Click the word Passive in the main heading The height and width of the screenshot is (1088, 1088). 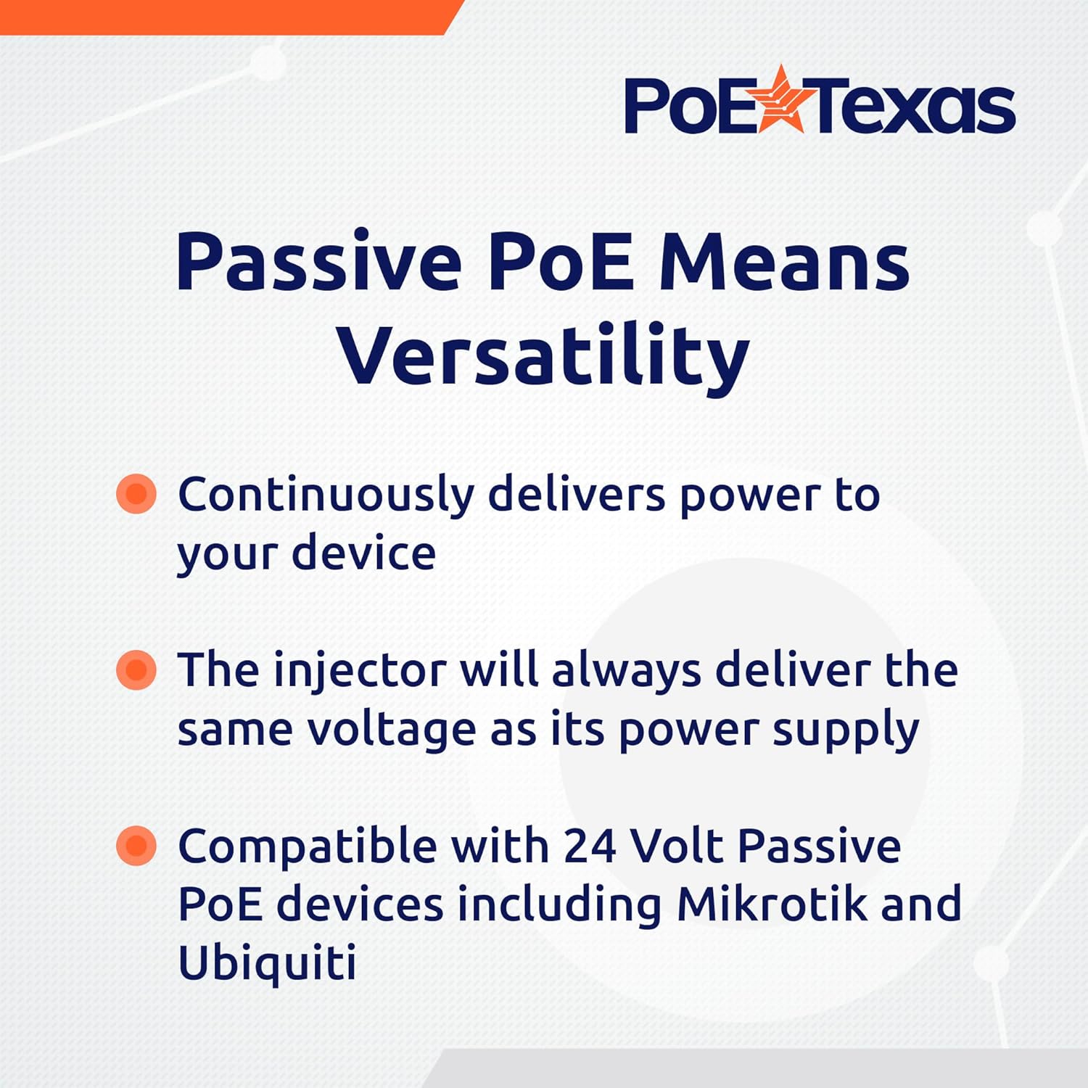tap(319, 263)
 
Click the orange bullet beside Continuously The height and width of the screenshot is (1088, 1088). tap(136, 494)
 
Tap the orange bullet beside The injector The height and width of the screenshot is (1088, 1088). tap(136, 669)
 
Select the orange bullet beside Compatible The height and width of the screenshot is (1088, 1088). tap(136, 846)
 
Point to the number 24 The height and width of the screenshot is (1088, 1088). tap(588, 846)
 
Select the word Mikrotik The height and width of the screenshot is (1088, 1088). tap(772, 904)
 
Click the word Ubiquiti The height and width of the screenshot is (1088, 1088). tap(267, 964)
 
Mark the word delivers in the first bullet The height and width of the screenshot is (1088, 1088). tap(577, 495)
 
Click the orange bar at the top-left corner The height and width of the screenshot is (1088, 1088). tap(218, 16)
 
